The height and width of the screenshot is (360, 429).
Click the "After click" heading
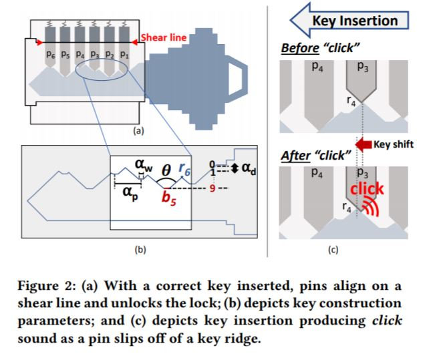click(316, 156)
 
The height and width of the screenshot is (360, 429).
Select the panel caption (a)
click(138, 132)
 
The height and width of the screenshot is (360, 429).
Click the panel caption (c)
click(333, 250)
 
